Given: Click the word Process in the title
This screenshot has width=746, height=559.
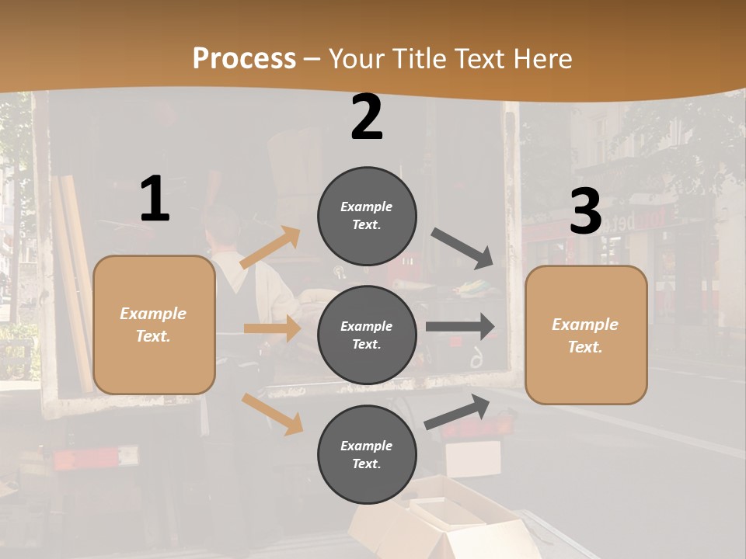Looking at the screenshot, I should click(x=244, y=58).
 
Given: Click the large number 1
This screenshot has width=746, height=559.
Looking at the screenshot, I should click(x=155, y=199).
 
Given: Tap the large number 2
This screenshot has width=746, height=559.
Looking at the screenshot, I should click(x=367, y=117).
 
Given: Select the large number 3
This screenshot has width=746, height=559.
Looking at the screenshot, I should click(x=585, y=212).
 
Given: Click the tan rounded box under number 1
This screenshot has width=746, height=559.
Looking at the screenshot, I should click(x=154, y=325).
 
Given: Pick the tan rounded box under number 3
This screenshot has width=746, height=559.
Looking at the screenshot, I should click(x=586, y=335).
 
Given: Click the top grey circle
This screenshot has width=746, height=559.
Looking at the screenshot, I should click(x=367, y=216).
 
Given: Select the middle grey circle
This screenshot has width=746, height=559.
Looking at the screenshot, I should click(x=367, y=335).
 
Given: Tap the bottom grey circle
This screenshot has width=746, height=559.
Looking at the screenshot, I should click(x=367, y=454).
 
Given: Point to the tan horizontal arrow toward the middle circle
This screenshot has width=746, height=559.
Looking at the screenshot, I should click(x=271, y=328).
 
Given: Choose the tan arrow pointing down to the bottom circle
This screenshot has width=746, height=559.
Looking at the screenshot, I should click(x=272, y=413).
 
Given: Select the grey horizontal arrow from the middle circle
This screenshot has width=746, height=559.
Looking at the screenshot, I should click(x=459, y=327).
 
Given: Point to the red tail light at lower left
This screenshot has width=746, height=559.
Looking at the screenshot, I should click(x=85, y=459).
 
